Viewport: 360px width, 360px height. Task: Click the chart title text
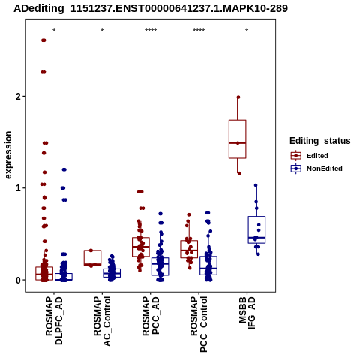(x=151, y=9)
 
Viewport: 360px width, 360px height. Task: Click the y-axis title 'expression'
(x=8, y=155)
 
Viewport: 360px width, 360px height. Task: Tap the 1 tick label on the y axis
(x=18, y=188)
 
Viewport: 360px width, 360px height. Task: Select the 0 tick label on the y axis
(x=18, y=280)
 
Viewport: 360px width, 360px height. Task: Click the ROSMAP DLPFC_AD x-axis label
(x=54, y=320)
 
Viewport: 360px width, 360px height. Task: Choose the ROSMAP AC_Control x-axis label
(x=102, y=321)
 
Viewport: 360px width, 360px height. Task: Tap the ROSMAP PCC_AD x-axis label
(x=151, y=316)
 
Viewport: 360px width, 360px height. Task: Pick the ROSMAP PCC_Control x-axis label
(x=199, y=324)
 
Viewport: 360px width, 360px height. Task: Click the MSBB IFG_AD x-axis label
(x=247, y=313)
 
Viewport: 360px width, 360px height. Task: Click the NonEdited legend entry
(x=316, y=169)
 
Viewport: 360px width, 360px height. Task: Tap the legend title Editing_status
(x=320, y=141)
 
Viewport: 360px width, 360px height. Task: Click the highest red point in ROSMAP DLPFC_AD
(x=43, y=40)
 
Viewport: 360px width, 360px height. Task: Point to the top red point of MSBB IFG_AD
(x=238, y=97)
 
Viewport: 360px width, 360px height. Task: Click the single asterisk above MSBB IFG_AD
(x=247, y=31)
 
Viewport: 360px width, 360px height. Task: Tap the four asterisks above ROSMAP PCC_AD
(x=151, y=31)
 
